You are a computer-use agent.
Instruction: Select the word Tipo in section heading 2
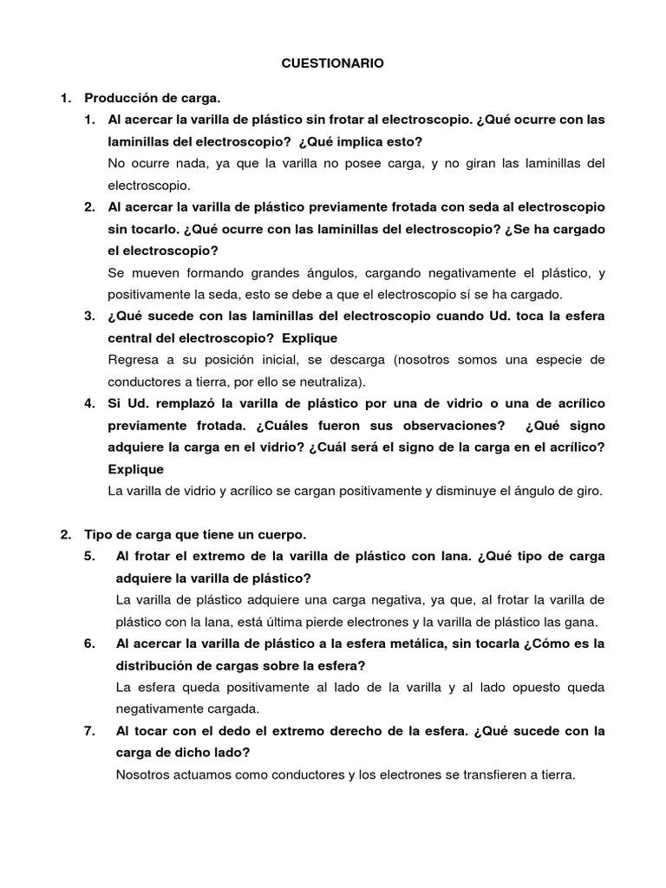click(x=97, y=534)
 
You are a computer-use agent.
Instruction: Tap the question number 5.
click(x=89, y=556)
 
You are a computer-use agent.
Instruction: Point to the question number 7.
click(x=89, y=731)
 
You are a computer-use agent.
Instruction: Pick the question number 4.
click(x=89, y=403)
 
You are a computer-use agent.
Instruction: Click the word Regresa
click(x=134, y=359)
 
